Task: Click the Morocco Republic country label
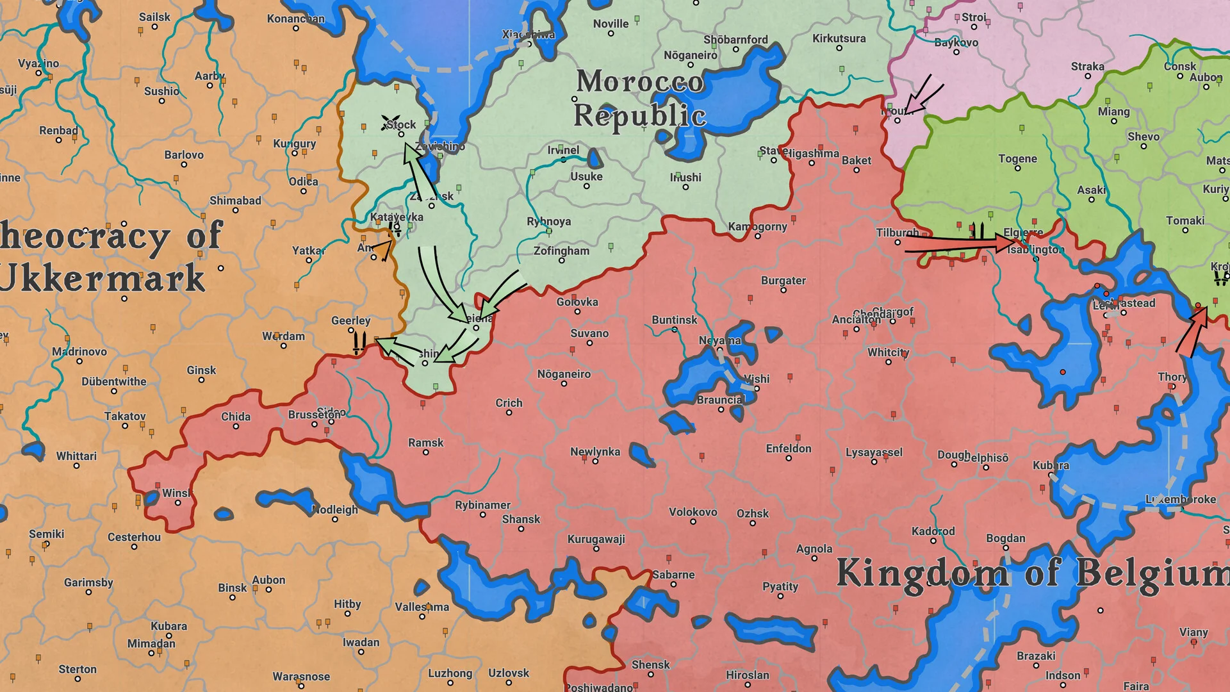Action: point(639,98)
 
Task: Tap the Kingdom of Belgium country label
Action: point(1031,572)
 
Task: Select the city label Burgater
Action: point(783,280)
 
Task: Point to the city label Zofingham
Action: point(561,251)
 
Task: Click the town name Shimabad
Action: point(235,201)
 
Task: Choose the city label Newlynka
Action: point(594,452)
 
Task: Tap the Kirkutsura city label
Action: point(839,38)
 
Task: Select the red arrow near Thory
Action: point(1192,331)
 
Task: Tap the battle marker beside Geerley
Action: point(359,342)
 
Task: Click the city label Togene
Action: point(1017,158)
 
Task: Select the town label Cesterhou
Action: point(134,537)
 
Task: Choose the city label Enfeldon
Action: point(788,449)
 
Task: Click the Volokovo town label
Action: point(693,512)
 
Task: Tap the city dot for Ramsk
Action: point(425,452)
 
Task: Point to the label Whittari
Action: point(76,456)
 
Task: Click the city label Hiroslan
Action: point(747,675)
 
